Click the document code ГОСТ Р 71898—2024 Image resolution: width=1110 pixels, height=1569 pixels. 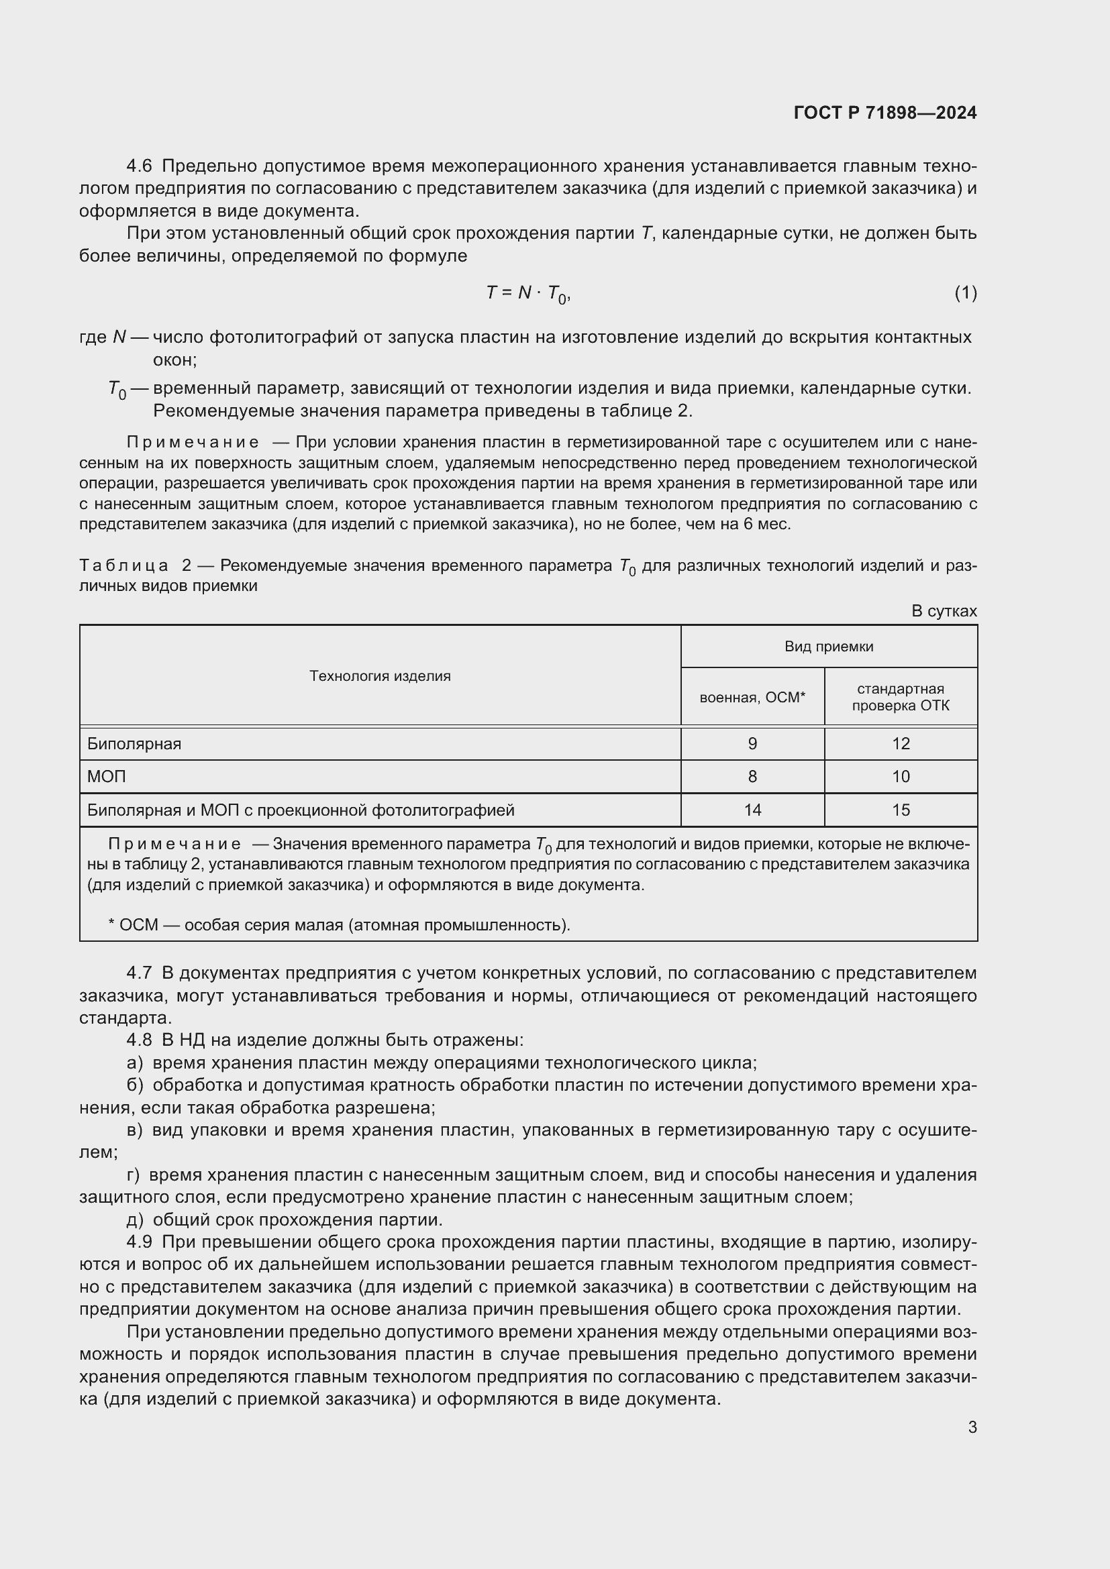click(885, 113)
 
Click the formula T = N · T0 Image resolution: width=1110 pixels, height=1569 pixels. click(527, 293)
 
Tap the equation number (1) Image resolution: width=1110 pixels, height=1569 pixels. click(965, 293)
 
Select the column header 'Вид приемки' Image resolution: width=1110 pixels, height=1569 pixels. click(828, 647)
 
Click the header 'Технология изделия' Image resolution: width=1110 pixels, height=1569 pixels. click(380, 676)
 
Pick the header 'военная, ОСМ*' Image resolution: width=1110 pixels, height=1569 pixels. click(752, 697)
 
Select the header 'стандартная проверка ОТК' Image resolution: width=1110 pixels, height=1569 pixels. click(900, 697)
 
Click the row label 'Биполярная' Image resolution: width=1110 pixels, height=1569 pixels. click(135, 743)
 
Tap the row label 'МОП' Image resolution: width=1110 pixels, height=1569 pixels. click(107, 776)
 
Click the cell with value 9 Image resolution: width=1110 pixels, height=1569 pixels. click(752, 743)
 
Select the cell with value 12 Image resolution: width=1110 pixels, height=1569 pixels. click(900, 743)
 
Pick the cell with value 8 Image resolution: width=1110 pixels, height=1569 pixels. click(752, 776)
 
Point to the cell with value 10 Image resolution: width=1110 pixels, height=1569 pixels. click(900, 776)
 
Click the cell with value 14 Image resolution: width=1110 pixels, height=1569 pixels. click(752, 810)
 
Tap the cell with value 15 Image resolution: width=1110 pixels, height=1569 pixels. click(900, 810)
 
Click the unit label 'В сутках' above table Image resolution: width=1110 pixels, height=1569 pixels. click(944, 611)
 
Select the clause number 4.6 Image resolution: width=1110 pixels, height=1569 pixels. click(140, 166)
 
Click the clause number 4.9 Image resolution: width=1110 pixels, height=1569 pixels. click(140, 1242)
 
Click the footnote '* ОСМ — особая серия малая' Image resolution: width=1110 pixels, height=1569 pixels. click(339, 924)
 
